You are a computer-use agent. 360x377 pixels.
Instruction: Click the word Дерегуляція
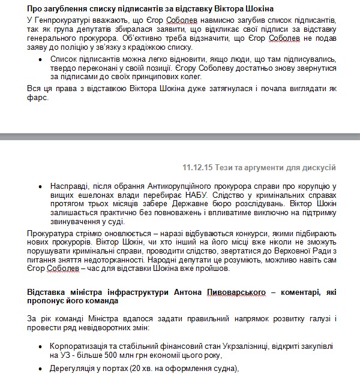(x=73, y=367)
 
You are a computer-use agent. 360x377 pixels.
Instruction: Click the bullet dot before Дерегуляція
(x=40, y=367)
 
